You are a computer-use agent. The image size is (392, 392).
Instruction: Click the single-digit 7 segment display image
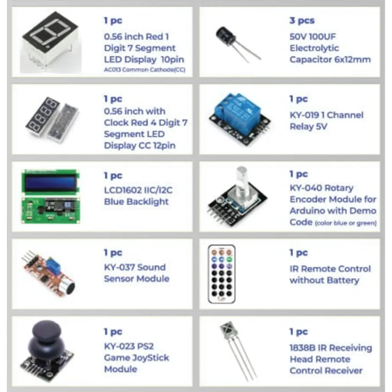tap(51, 42)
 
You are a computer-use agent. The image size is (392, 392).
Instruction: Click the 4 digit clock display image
tap(52, 119)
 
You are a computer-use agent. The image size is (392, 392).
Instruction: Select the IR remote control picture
tap(222, 274)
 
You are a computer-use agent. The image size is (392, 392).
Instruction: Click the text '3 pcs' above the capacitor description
tap(302, 21)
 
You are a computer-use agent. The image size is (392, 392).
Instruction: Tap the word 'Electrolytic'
tap(314, 48)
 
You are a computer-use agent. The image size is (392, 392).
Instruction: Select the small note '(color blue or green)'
tap(346, 223)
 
